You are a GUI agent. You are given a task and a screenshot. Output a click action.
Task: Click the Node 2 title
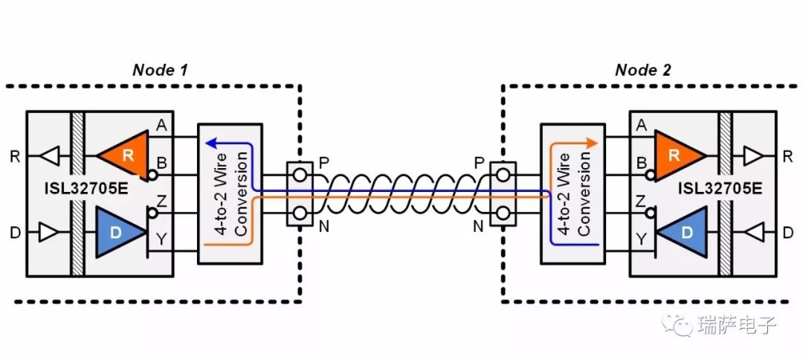click(642, 70)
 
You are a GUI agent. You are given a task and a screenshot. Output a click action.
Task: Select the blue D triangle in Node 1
click(121, 231)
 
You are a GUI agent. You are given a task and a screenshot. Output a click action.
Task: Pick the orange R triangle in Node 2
click(679, 156)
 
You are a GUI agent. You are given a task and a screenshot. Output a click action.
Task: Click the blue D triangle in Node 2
click(682, 231)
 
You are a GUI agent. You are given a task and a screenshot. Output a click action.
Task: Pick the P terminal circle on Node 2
click(503, 175)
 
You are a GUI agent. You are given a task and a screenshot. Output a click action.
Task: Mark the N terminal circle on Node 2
click(503, 213)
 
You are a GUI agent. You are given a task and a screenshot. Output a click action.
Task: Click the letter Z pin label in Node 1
click(161, 202)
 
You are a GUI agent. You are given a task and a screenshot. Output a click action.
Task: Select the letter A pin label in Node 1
click(161, 126)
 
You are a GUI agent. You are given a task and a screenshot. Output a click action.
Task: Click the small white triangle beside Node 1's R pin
click(50, 156)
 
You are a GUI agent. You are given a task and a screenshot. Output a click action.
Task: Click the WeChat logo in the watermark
click(677, 324)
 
